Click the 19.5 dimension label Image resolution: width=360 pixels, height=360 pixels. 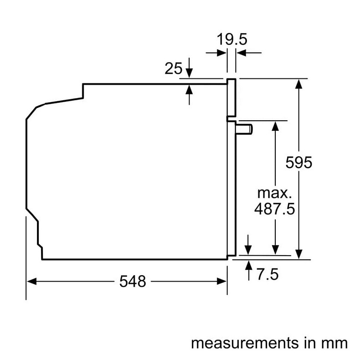coord(231,40)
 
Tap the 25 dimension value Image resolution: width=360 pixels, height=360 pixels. coord(173,69)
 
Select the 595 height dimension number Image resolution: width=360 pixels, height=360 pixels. coord(299,162)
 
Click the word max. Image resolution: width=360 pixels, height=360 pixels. coord(273,192)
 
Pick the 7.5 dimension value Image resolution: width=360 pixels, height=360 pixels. coord(267,274)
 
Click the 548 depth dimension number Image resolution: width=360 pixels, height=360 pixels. coord(133,282)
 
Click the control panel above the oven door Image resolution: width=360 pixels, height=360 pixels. coord(231,97)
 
